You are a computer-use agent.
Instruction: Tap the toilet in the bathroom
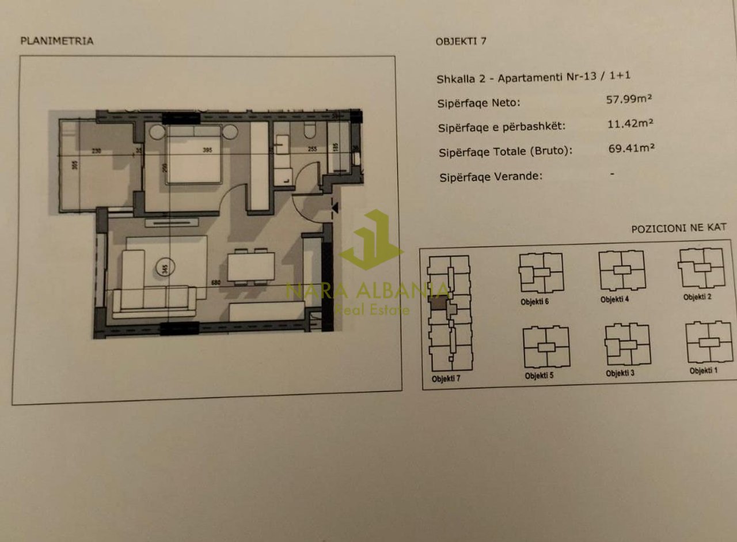tap(310, 131)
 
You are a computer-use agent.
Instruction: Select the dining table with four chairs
tap(251, 266)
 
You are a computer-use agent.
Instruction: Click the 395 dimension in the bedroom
tap(208, 150)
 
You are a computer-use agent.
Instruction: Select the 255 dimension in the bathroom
tap(313, 149)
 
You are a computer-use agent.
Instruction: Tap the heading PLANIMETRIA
tap(56, 41)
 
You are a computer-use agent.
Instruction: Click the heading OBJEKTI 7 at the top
tap(461, 41)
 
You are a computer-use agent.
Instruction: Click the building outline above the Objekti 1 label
tap(709, 342)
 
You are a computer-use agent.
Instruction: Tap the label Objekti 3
tap(620, 373)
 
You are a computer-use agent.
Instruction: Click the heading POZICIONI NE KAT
tap(678, 228)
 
